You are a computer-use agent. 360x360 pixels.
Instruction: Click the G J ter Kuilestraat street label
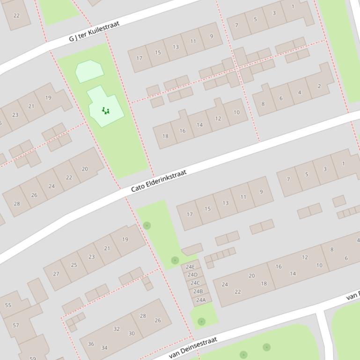[94, 31]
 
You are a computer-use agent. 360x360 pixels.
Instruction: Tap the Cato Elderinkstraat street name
[158, 180]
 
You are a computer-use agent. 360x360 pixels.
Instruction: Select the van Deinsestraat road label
[193, 347]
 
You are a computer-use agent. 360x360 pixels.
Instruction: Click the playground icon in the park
[106, 111]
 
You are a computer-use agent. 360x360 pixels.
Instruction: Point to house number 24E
[190, 267]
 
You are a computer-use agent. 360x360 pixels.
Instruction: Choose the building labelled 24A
[201, 300]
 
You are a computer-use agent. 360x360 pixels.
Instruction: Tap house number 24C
[195, 283]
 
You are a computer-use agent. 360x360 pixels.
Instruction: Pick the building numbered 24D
[192, 274]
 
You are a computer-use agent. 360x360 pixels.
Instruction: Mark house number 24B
[198, 291]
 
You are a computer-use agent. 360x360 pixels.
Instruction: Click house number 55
[8, 305]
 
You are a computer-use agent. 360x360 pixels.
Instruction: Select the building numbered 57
[15, 325]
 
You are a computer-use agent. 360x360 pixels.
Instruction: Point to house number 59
[32, 358]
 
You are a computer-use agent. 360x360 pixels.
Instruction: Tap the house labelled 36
[91, 344]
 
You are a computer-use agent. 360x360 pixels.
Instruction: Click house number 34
[104, 347]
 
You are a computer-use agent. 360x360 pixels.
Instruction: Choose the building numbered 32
[117, 329]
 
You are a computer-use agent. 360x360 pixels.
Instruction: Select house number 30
[132, 333]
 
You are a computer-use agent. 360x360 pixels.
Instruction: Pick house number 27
[56, 274]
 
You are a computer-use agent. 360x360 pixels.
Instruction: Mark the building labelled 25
[74, 265]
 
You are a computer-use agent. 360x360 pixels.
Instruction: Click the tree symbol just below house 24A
[201, 321]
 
